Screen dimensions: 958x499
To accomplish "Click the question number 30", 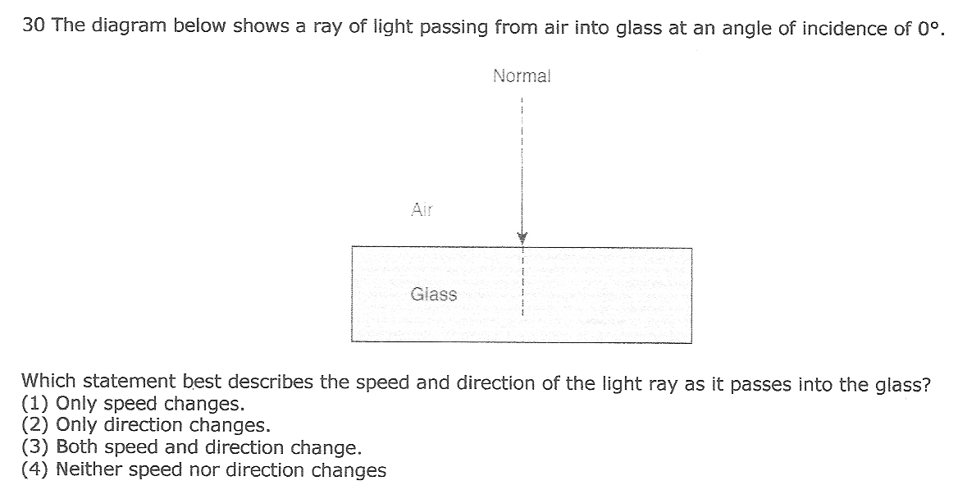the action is [x=34, y=25].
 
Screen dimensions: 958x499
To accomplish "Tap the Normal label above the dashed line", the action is [x=522, y=76].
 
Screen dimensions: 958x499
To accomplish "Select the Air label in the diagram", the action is [x=422, y=209].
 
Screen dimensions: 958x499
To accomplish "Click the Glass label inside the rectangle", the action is [x=434, y=294].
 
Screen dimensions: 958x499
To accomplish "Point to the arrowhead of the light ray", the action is [x=522, y=237].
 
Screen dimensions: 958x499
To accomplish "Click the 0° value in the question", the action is [x=927, y=28].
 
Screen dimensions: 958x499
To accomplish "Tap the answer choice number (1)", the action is [x=35, y=404].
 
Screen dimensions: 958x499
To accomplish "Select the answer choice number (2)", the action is [x=35, y=425].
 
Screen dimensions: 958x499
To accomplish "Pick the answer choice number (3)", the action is [x=35, y=447].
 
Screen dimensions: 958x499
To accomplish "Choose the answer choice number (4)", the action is [x=35, y=469].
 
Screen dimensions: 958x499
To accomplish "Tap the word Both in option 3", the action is [x=77, y=446].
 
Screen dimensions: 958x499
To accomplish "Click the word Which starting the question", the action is [x=49, y=380].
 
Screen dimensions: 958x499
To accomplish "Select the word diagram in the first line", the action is [x=128, y=26].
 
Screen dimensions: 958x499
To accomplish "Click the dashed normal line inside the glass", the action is [x=522, y=282].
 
